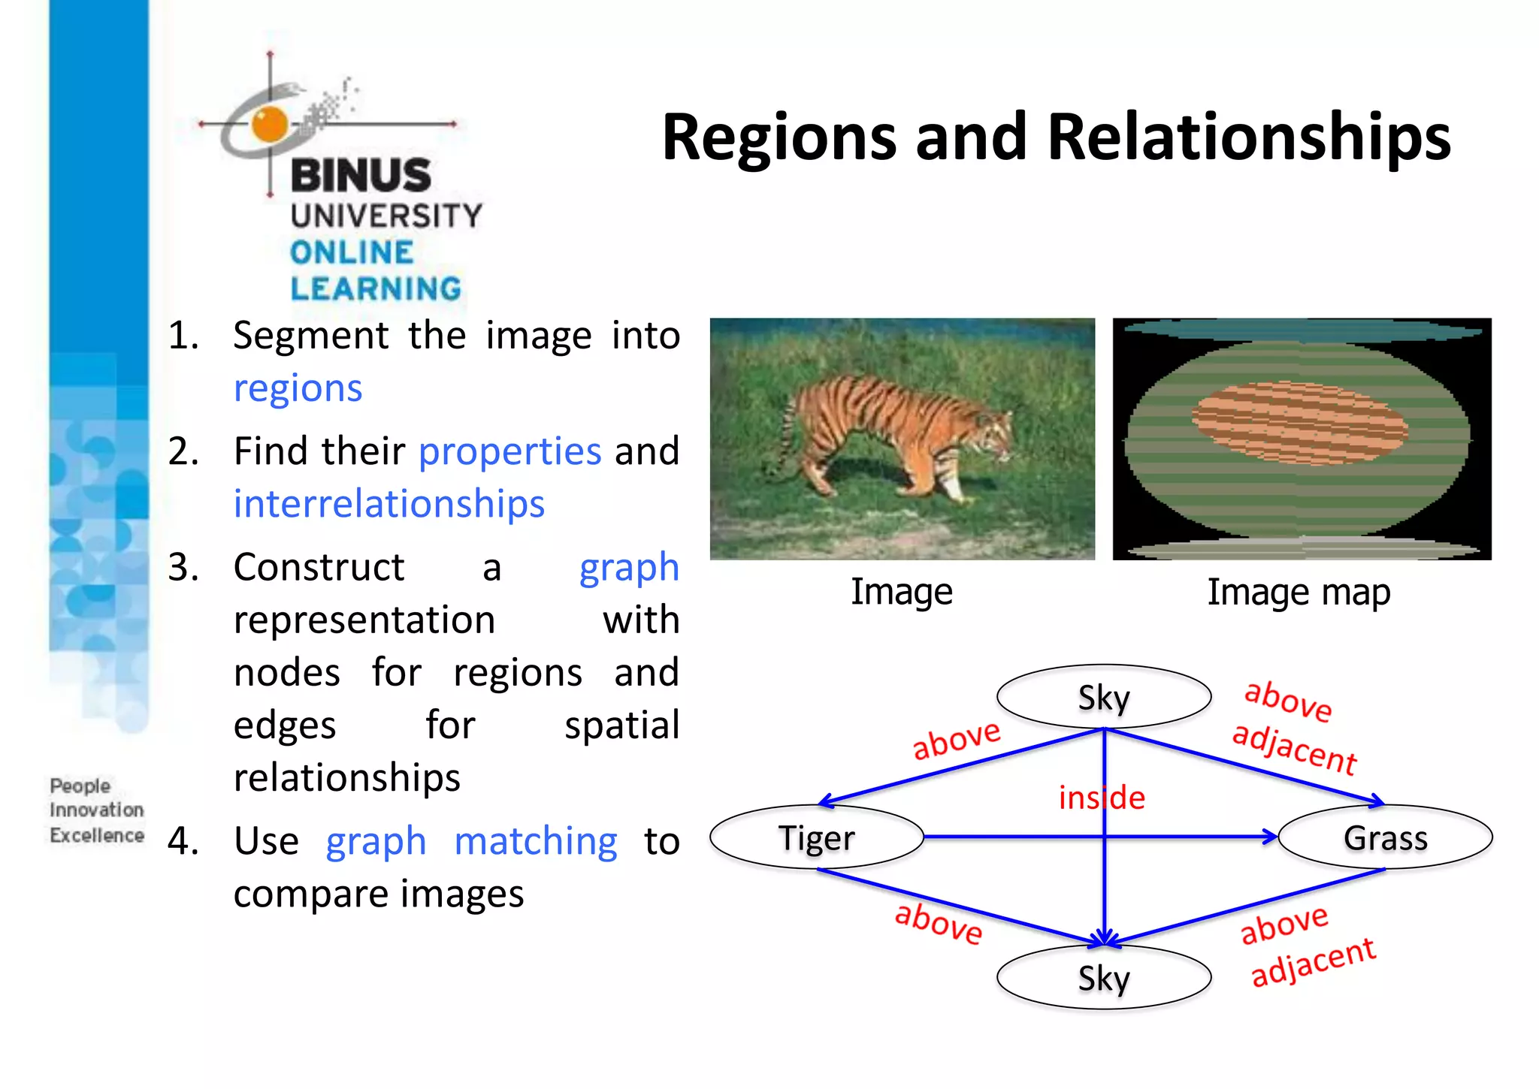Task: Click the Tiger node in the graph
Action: pyautogui.click(x=817, y=837)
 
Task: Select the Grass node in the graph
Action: pyautogui.click(x=1385, y=837)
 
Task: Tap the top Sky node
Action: pyautogui.click(x=1103, y=697)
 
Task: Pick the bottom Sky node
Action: pyautogui.click(x=1103, y=978)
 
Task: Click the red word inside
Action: pyautogui.click(x=1102, y=798)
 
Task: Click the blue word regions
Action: pyautogui.click(x=298, y=388)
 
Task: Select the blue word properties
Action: pyautogui.click(x=509, y=451)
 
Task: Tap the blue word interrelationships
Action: pyautogui.click(x=389, y=504)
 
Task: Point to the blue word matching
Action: pyautogui.click(x=536, y=841)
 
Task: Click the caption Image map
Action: pyautogui.click(x=1299, y=593)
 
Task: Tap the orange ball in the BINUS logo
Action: pyautogui.click(x=270, y=124)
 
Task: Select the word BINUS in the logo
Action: pyautogui.click(x=361, y=175)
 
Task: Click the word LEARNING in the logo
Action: pyautogui.click(x=376, y=289)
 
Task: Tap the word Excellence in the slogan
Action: pyautogui.click(x=97, y=835)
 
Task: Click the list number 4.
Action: pyautogui.click(x=183, y=841)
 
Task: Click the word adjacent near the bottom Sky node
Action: pyautogui.click(x=1312, y=963)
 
